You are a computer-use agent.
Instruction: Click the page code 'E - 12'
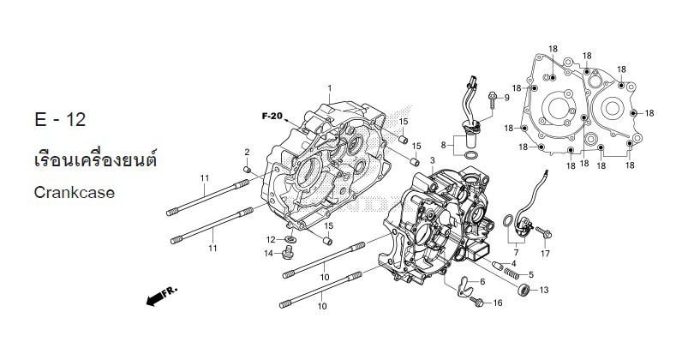pyautogui.click(x=61, y=119)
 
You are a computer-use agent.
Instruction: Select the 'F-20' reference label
pyautogui.click(x=272, y=116)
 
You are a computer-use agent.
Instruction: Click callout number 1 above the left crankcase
pyautogui.click(x=329, y=88)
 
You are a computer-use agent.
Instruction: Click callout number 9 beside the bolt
pyautogui.click(x=506, y=99)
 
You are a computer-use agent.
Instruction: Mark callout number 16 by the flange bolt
pyautogui.click(x=498, y=303)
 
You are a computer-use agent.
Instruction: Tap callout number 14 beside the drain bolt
pyautogui.click(x=268, y=254)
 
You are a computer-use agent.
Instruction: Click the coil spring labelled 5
pyautogui.click(x=512, y=274)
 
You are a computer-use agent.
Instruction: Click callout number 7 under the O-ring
pyautogui.click(x=516, y=253)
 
